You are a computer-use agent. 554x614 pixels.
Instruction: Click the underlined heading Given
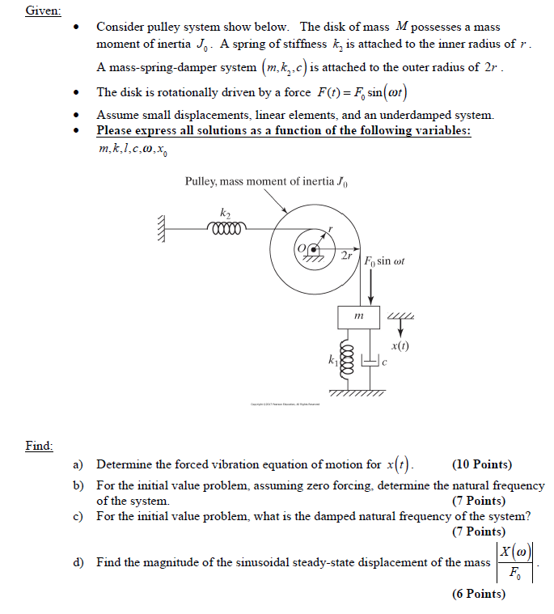[x=39, y=11]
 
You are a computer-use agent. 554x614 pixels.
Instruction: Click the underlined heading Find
[x=39, y=445]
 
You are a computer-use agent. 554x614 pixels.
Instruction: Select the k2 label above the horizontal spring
[x=225, y=212]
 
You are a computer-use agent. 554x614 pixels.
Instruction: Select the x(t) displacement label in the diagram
[x=400, y=345]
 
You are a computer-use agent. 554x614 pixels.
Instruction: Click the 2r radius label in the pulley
[x=346, y=256]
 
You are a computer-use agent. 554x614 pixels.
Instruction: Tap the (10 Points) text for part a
[x=482, y=464]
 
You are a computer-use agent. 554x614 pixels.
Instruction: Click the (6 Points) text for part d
[x=479, y=595]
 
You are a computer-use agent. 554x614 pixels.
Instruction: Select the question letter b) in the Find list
[x=78, y=485]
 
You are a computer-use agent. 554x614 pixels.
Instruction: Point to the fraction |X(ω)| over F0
[x=515, y=563]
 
